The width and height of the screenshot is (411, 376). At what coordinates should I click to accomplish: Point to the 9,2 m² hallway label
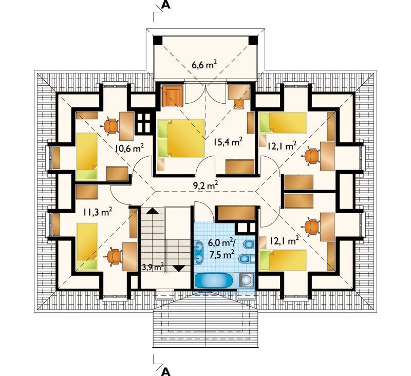(x=206, y=186)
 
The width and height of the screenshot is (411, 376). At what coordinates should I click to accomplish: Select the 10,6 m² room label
(x=129, y=148)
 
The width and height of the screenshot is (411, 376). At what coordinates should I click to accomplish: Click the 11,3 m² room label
(x=98, y=212)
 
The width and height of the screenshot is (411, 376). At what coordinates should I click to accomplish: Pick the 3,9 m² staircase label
(x=153, y=268)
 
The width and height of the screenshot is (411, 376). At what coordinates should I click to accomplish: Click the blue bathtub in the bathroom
(x=214, y=281)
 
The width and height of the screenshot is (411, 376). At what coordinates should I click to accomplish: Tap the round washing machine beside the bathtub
(x=247, y=280)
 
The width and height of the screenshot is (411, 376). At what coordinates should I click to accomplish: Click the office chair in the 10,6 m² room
(x=111, y=126)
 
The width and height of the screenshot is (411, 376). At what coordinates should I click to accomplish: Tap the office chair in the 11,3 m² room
(x=115, y=257)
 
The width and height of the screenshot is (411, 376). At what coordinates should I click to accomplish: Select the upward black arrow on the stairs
(x=151, y=211)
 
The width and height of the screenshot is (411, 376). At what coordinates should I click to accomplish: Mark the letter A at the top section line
(x=165, y=5)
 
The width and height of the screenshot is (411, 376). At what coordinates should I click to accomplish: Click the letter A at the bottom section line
(x=165, y=371)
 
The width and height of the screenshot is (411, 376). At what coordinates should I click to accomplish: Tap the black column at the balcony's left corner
(x=158, y=41)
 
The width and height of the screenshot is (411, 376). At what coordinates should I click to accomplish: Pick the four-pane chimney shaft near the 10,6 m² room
(x=144, y=123)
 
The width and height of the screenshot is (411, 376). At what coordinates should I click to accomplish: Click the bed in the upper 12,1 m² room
(x=283, y=122)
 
